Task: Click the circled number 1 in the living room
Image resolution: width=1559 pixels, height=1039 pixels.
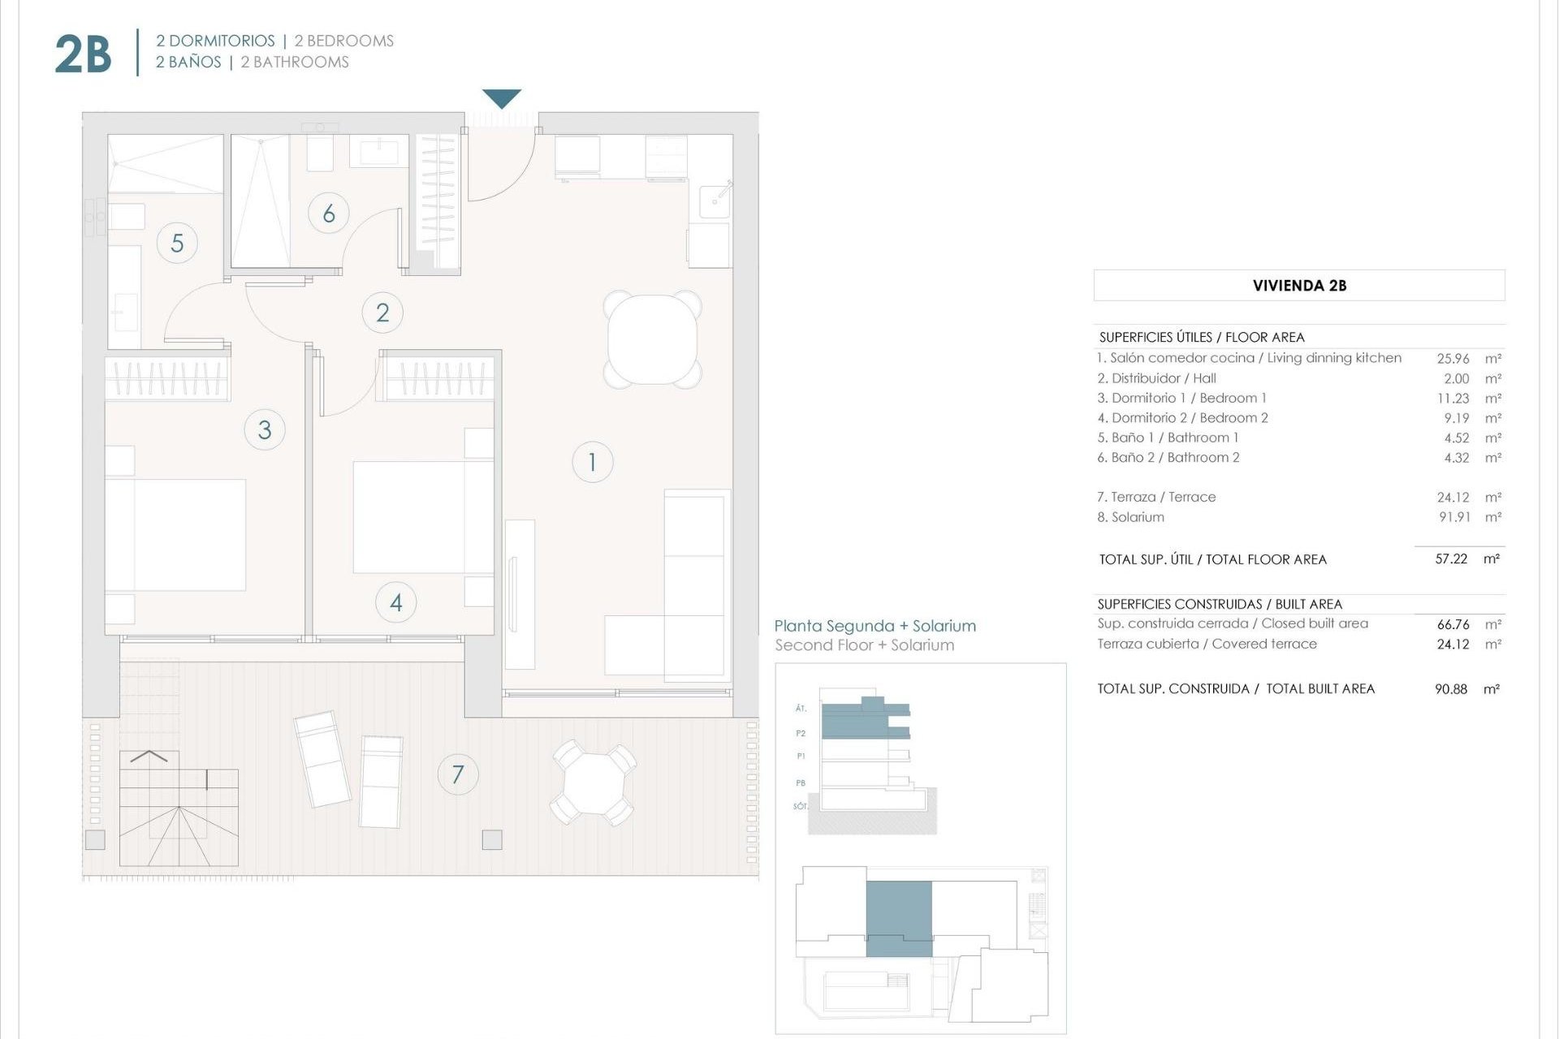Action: (x=592, y=462)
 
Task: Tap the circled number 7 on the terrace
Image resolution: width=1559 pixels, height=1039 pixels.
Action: (x=458, y=774)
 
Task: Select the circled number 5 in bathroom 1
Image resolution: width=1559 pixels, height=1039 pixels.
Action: (x=177, y=243)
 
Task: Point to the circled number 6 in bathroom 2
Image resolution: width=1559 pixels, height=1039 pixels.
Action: (x=329, y=213)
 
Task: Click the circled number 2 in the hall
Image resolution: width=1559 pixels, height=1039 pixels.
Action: (x=382, y=313)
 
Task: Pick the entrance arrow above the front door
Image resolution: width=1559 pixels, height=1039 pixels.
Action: (x=502, y=98)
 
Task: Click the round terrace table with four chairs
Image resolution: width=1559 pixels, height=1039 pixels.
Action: (x=594, y=782)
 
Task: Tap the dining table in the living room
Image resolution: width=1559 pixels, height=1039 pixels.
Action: (x=652, y=338)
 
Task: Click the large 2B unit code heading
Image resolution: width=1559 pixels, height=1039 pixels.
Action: (x=83, y=55)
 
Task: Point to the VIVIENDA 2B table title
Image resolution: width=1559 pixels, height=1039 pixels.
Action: (x=1299, y=286)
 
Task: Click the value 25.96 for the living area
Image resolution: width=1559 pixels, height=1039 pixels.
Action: (x=1453, y=358)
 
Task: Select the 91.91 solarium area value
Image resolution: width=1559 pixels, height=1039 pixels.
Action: (x=1454, y=517)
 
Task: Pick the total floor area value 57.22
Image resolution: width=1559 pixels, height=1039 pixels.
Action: (x=1451, y=559)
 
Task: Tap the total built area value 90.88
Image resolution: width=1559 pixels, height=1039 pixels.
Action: (x=1451, y=689)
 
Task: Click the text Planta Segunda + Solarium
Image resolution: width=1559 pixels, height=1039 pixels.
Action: (x=875, y=626)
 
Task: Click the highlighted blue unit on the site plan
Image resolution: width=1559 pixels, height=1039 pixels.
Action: (x=899, y=918)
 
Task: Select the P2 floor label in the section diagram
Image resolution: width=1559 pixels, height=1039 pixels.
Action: (x=801, y=733)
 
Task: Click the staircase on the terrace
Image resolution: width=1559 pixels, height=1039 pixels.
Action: (x=179, y=808)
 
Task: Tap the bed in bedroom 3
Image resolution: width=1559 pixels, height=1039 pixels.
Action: (x=175, y=534)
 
